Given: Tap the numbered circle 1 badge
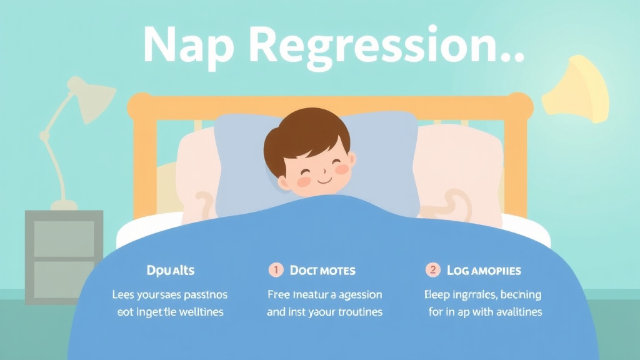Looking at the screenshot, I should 276,270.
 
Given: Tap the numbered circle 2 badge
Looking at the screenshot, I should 432,270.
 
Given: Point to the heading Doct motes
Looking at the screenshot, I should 322,271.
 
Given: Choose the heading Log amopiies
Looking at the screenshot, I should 484,271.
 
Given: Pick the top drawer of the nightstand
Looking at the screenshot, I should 64,238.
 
